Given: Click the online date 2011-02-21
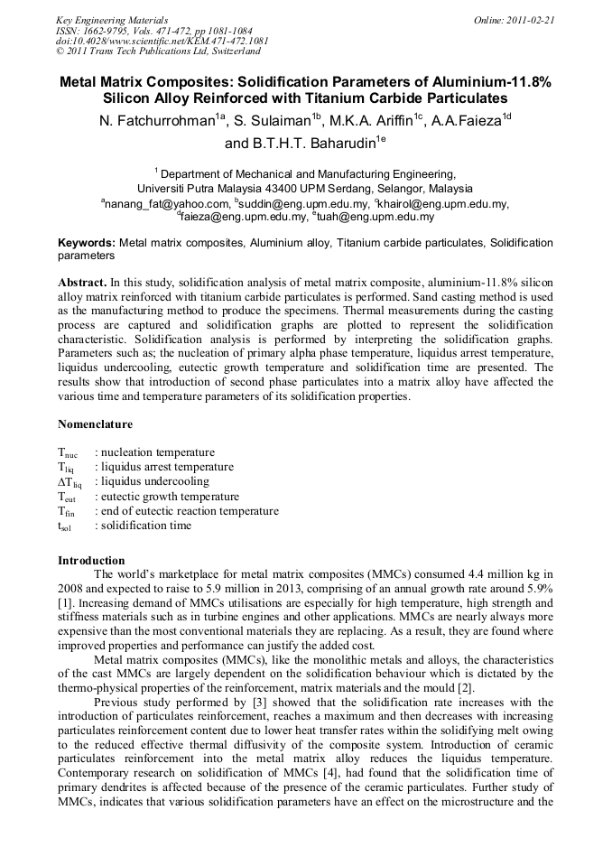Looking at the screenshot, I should (532, 19).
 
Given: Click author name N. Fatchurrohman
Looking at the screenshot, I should (157, 121).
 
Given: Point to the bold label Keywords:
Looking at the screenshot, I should (87, 244).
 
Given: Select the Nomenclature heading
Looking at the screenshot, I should (95, 424).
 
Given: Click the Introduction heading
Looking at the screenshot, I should (91, 560).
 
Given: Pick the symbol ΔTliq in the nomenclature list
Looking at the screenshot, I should (70, 482).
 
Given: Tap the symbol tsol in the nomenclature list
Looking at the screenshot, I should (66, 526).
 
